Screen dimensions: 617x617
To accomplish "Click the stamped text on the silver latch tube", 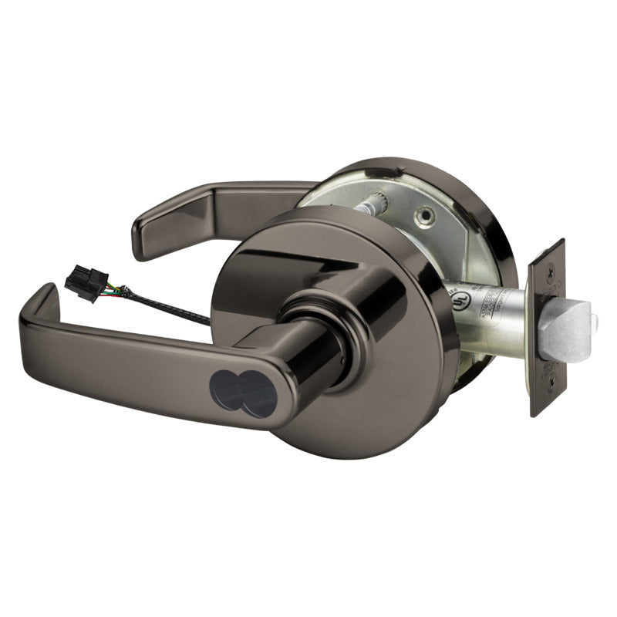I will coord(494,305).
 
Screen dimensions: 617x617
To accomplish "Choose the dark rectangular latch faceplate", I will coord(547,328).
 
